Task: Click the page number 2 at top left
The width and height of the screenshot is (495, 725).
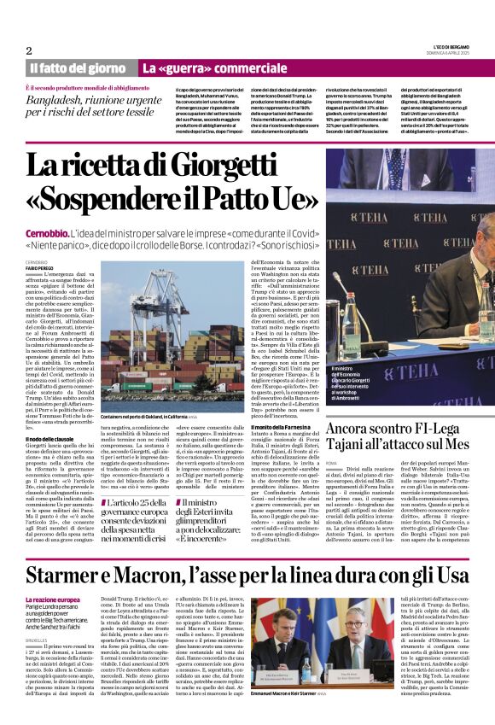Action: tap(29, 50)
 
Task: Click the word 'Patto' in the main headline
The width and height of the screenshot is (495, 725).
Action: tap(228, 198)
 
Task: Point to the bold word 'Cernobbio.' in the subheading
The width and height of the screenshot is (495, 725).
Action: tap(50, 233)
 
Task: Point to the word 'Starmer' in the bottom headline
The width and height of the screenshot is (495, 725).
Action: tap(69, 575)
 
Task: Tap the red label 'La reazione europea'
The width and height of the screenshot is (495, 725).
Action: tap(53, 600)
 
